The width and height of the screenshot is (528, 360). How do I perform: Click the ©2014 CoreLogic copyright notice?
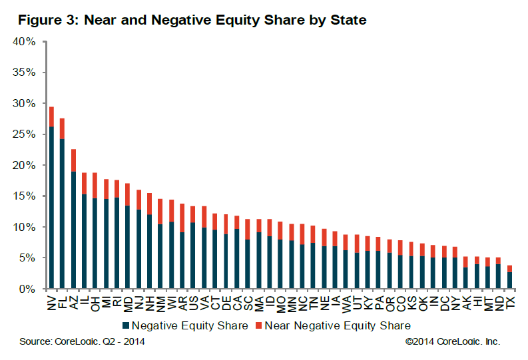[x=452, y=341]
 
